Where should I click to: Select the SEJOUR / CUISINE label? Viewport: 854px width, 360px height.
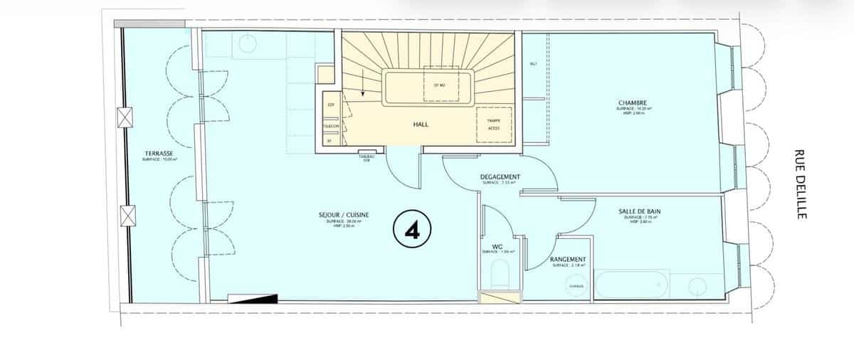point(344,214)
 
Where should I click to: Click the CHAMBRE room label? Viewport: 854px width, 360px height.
point(632,103)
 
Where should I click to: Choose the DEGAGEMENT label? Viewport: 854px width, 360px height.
point(500,177)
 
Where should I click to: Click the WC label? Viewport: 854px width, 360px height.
point(498,246)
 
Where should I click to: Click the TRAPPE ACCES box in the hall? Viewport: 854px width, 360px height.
point(493,125)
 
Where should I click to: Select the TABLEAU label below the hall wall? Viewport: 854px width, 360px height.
point(367,158)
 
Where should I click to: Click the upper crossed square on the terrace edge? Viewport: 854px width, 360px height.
point(127,116)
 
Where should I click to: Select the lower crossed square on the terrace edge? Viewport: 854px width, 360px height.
point(127,214)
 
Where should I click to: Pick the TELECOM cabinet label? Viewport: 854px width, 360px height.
point(330,125)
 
